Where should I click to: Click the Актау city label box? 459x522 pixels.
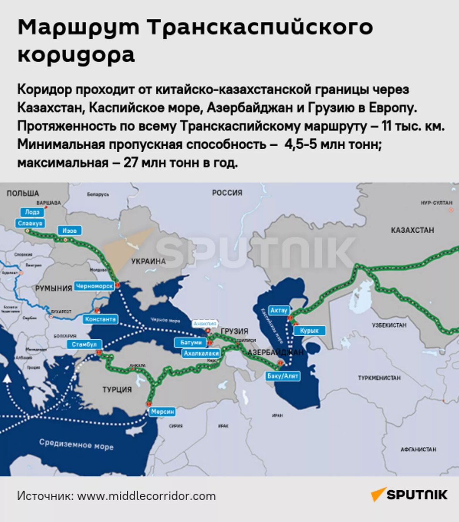pyautogui.click(x=279, y=310)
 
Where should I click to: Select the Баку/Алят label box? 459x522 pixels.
pyautogui.click(x=283, y=376)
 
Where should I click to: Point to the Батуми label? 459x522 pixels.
pyautogui.click(x=191, y=342)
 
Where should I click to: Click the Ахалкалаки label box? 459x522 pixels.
pyautogui.click(x=200, y=353)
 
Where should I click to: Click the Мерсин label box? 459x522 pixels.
pyautogui.click(x=163, y=412)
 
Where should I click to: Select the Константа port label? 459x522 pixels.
pyautogui.click(x=101, y=319)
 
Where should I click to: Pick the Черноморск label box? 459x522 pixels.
pyautogui.click(x=94, y=286)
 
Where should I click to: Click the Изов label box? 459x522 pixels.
pyautogui.click(x=69, y=231)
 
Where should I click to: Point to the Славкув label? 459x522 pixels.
pyautogui.click(x=30, y=223)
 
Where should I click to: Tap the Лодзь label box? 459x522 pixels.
pyautogui.click(x=32, y=212)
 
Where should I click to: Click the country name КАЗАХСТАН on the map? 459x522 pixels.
pyautogui.click(x=412, y=230)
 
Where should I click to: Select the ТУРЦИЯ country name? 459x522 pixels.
pyautogui.click(x=117, y=389)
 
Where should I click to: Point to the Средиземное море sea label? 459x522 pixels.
pyautogui.click(x=76, y=444)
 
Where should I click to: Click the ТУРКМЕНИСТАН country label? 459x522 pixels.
pyautogui.click(x=379, y=378)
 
